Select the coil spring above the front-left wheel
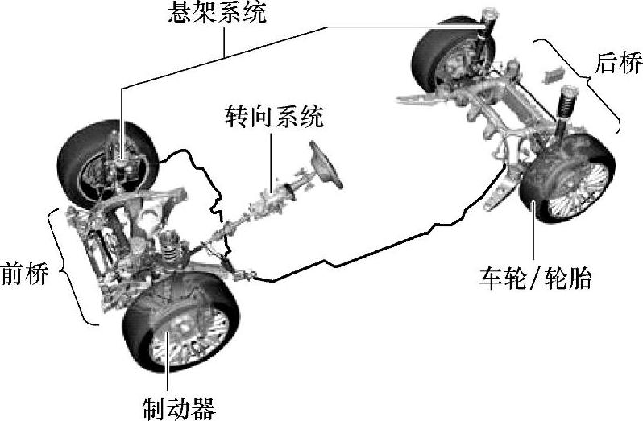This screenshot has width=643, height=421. pyautogui.click(x=169, y=246)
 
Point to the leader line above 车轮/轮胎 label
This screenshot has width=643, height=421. pyautogui.click(x=534, y=233)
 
